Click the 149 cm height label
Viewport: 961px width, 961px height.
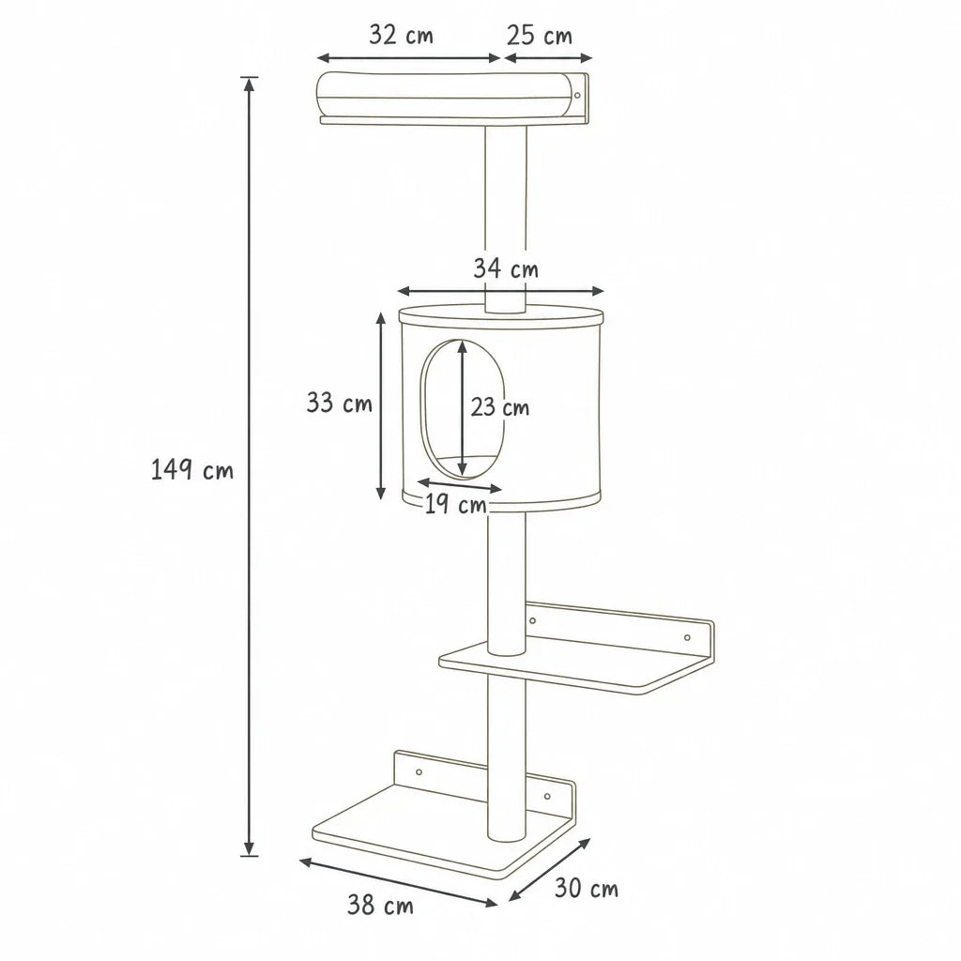[191, 470]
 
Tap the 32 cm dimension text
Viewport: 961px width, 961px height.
[401, 35]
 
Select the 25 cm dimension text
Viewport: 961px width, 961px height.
[540, 36]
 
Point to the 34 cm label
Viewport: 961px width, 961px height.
[506, 268]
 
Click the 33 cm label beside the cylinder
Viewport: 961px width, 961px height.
[339, 403]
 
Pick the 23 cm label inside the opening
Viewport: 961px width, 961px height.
[499, 407]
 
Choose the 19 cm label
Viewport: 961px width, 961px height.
[455, 505]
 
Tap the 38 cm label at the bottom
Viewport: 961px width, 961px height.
[380, 906]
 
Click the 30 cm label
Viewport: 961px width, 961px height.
[587, 888]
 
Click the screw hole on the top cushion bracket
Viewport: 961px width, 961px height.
[577, 96]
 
